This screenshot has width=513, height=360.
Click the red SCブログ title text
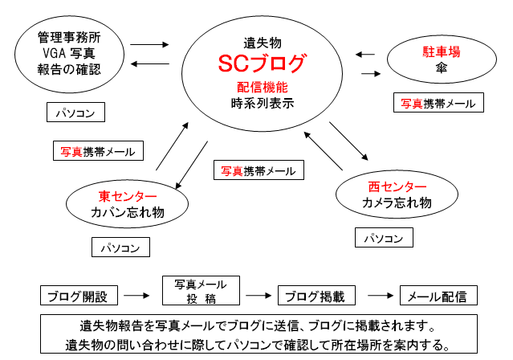click(x=263, y=63)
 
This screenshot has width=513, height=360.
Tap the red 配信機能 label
click(x=263, y=88)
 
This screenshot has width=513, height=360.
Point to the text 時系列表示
click(x=263, y=103)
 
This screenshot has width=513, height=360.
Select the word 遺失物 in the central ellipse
click(x=263, y=43)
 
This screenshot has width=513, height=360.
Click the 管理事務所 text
click(x=69, y=37)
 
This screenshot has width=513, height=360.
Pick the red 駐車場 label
click(x=442, y=51)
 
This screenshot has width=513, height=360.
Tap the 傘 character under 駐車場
click(x=442, y=67)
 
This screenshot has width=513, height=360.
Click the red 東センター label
click(x=128, y=196)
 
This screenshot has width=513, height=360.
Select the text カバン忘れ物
click(x=128, y=212)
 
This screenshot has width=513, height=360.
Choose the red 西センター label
click(x=397, y=186)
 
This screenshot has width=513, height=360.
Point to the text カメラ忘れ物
click(x=397, y=202)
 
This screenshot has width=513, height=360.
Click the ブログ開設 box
click(x=79, y=296)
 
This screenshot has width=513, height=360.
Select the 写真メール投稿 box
click(x=201, y=291)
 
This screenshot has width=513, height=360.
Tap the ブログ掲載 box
click(x=316, y=296)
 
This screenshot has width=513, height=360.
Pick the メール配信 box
click(x=438, y=296)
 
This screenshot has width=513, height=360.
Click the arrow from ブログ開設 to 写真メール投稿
click(x=136, y=296)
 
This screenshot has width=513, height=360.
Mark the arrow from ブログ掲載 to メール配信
click(x=381, y=296)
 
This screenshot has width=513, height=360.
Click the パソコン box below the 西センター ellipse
click(x=384, y=238)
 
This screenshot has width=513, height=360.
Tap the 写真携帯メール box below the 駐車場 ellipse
click(x=438, y=103)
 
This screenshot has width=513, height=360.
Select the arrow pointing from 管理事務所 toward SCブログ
click(x=149, y=44)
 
